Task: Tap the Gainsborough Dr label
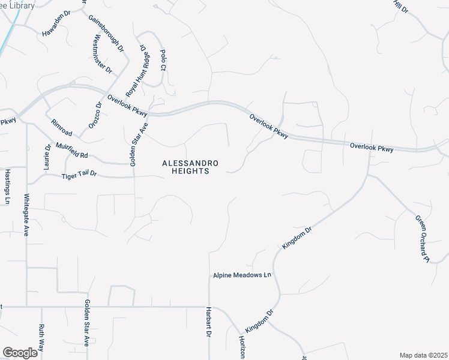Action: [106, 32]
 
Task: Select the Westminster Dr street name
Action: [103, 54]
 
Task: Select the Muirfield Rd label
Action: [72, 150]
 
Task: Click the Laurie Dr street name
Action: [47, 157]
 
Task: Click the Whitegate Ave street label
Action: [26, 214]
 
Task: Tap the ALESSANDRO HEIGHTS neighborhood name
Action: [190, 167]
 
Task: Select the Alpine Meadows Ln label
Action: [243, 275]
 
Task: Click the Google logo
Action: [20, 353]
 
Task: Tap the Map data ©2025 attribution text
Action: [423, 355]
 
